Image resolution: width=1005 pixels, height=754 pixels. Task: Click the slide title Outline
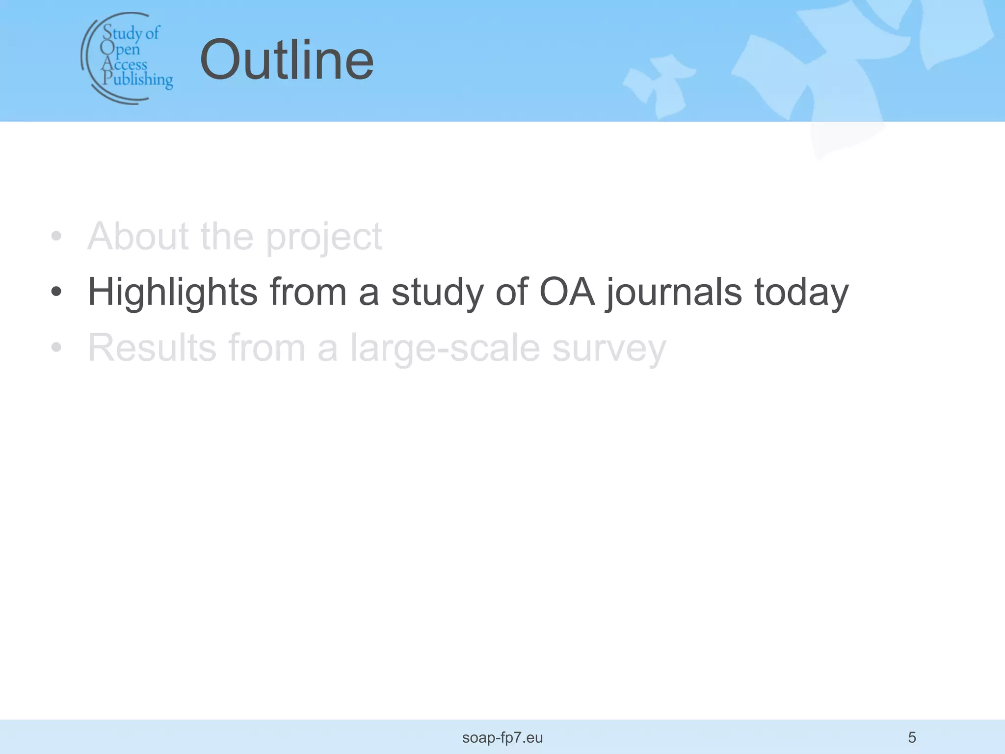point(287,60)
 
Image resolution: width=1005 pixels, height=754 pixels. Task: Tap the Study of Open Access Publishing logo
point(127,58)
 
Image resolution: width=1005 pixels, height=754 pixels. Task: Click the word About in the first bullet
point(138,237)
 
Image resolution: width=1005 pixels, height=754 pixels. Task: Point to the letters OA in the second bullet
point(567,293)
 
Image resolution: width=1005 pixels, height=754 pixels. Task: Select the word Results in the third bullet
point(152,348)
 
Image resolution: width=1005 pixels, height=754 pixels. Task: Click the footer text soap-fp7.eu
point(502,738)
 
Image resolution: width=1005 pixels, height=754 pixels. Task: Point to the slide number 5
point(912,737)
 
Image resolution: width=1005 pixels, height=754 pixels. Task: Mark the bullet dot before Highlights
point(56,292)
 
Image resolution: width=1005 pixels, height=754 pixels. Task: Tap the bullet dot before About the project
point(56,236)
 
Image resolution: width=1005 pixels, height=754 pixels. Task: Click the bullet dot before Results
point(56,347)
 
